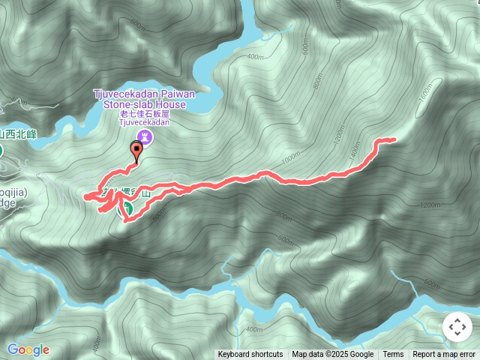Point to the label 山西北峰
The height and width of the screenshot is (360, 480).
pyautogui.click(x=18, y=134)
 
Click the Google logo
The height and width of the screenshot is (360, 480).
pyautogui.click(x=28, y=349)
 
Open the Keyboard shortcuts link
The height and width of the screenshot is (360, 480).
pyautogui.click(x=250, y=355)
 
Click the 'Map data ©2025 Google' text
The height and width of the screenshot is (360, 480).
pyautogui.click(x=332, y=355)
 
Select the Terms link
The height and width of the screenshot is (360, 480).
pyautogui.click(x=393, y=355)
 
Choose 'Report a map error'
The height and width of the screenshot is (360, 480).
pyautogui.click(x=444, y=355)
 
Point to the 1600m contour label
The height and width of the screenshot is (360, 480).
pyautogui.click(x=426, y=92)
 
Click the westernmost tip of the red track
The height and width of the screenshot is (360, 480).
pyautogui.click(x=85, y=197)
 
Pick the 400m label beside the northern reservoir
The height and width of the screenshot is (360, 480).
pyautogui.click(x=254, y=57)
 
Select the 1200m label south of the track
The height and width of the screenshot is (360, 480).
pyautogui.click(x=430, y=205)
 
